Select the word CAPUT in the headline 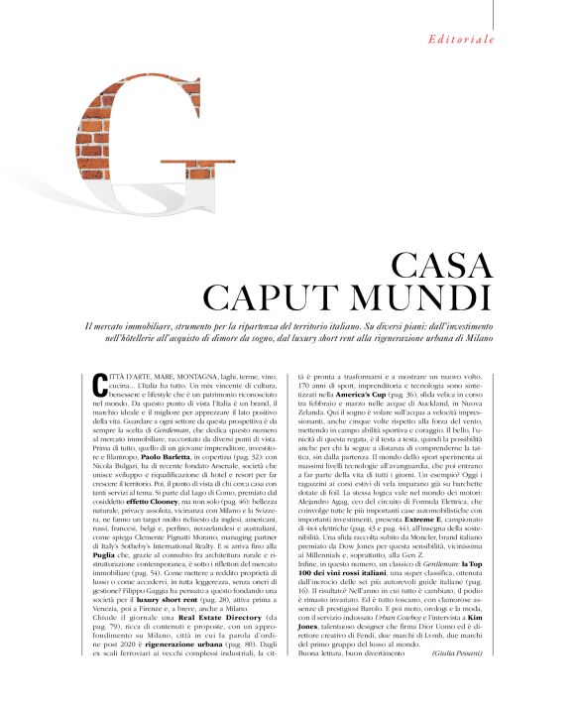tap(278, 297)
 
